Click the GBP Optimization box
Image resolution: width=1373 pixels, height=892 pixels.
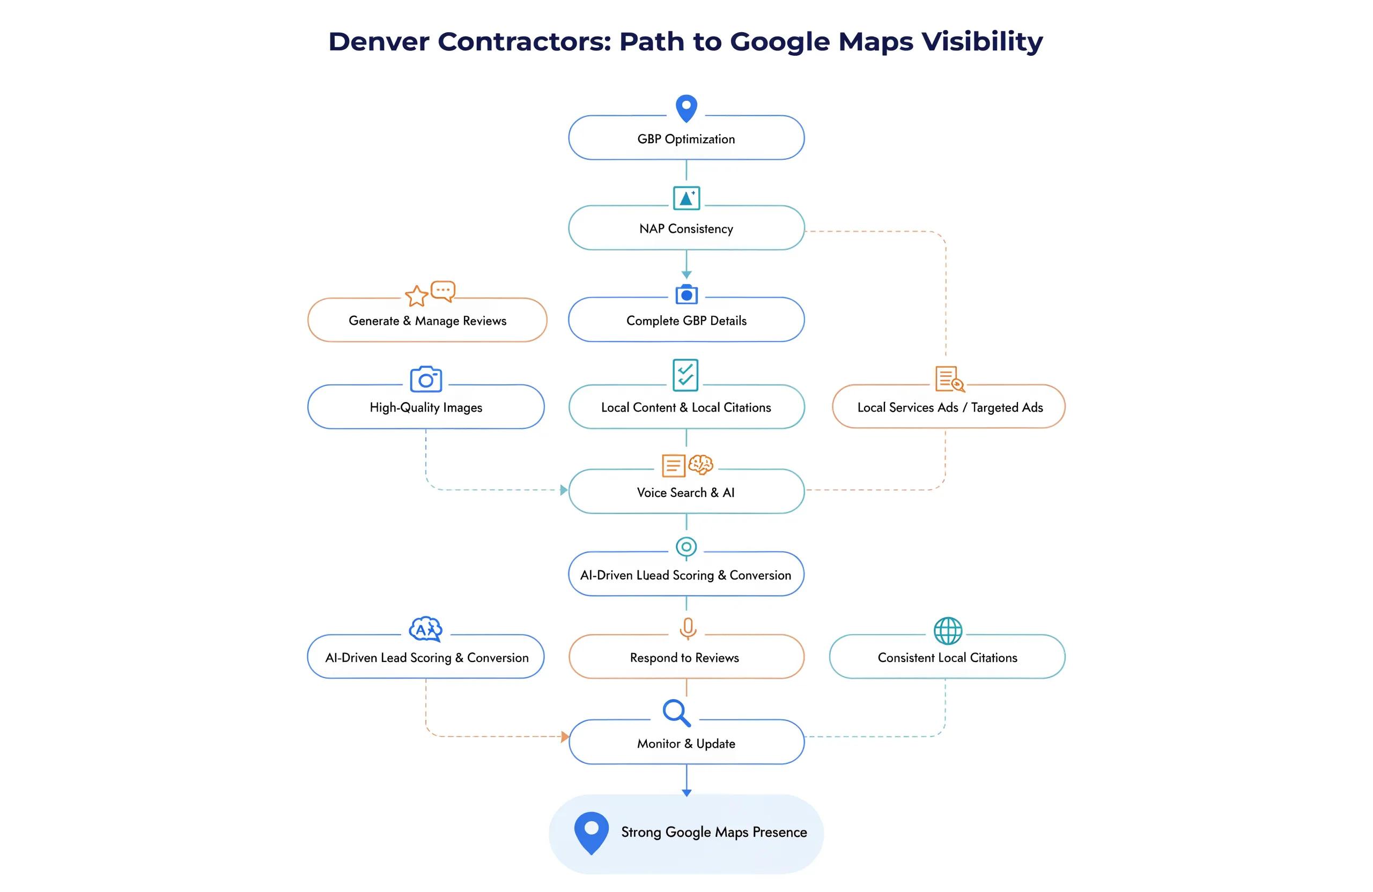point(686,138)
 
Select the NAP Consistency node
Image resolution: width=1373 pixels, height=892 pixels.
point(686,228)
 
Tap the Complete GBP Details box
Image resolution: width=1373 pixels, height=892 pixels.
point(686,320)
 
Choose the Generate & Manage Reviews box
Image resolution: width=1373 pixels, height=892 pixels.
point(427,320)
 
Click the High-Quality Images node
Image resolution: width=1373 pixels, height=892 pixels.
point(426,407)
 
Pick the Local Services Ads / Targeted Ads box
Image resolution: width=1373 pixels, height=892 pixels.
point(948,407)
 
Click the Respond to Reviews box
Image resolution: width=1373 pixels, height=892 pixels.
point(686,657)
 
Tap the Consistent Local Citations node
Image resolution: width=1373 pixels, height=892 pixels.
point(947,657)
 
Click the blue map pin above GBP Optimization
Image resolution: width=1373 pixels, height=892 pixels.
point(686,108)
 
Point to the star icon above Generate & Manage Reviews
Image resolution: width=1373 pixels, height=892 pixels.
point(417,296)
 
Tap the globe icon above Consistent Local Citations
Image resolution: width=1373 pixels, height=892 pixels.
point(948,631)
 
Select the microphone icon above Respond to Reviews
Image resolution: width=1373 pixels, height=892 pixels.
point(688,628)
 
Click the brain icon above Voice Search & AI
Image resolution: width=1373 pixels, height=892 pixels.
point(701,464)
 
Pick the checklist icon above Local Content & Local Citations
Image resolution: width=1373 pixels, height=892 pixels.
point(685,375)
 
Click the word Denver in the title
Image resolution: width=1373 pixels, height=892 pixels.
point(379,41)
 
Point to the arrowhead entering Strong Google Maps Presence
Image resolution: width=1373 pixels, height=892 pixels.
point(686,793)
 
